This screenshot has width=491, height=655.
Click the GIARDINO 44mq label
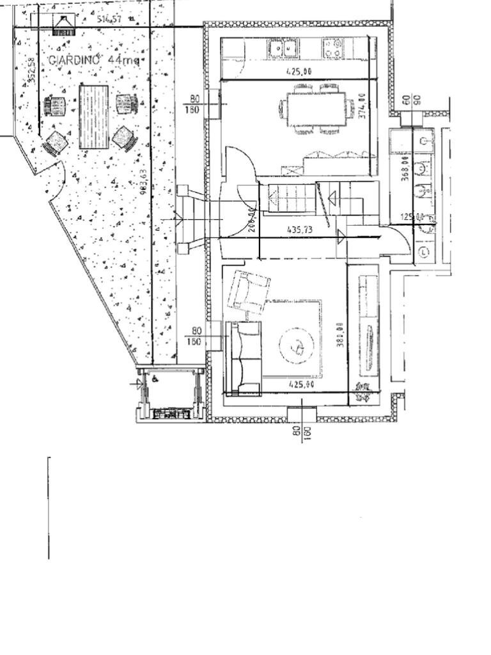pos(93,59)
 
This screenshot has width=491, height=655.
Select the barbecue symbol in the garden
pos(63,24)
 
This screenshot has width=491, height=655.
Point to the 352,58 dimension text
pos(32,71)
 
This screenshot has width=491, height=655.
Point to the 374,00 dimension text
pos(362,107)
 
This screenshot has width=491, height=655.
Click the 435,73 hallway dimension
pos(299,229)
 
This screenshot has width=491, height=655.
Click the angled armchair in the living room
pos(250,292)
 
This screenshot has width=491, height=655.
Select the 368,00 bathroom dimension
pos(405,170)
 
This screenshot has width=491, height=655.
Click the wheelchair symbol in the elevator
pos(155,379)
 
